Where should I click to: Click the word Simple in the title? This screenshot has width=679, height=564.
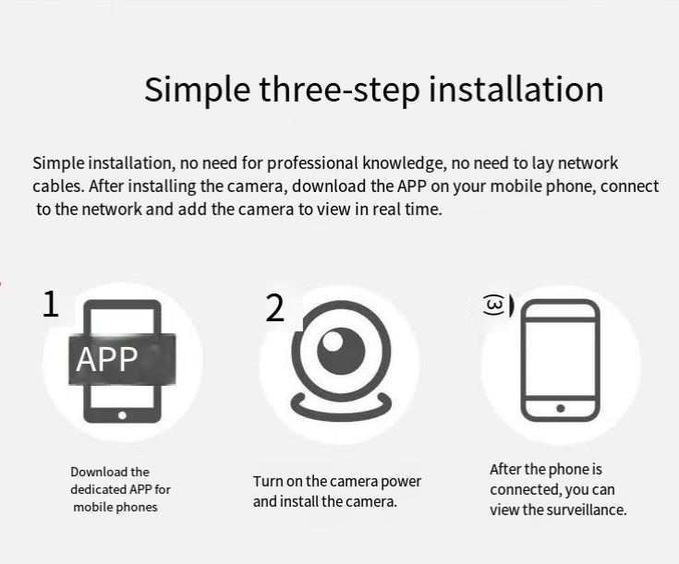[197, 90]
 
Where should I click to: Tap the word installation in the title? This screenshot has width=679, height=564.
[515, 90]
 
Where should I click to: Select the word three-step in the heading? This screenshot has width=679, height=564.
[340, 90]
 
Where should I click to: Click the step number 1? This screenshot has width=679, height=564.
[50, 305]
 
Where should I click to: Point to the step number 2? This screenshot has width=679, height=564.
[275, 307]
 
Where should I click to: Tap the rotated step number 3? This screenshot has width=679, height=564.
[493, 306]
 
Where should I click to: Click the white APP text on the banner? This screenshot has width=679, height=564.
[107, 359]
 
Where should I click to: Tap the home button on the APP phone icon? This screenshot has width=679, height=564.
[122, 415]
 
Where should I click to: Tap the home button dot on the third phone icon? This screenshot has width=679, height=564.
[561, 408]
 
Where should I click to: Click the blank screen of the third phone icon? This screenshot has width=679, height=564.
[561, 358]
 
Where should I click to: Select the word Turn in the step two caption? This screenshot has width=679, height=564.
[265, 481]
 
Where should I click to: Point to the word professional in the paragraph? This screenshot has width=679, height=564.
[312, 163]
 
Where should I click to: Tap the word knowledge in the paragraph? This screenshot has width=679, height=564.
[404, 163]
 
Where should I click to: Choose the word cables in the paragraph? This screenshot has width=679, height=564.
[58, 186]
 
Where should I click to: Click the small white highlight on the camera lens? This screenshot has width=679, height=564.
[333, 341]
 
